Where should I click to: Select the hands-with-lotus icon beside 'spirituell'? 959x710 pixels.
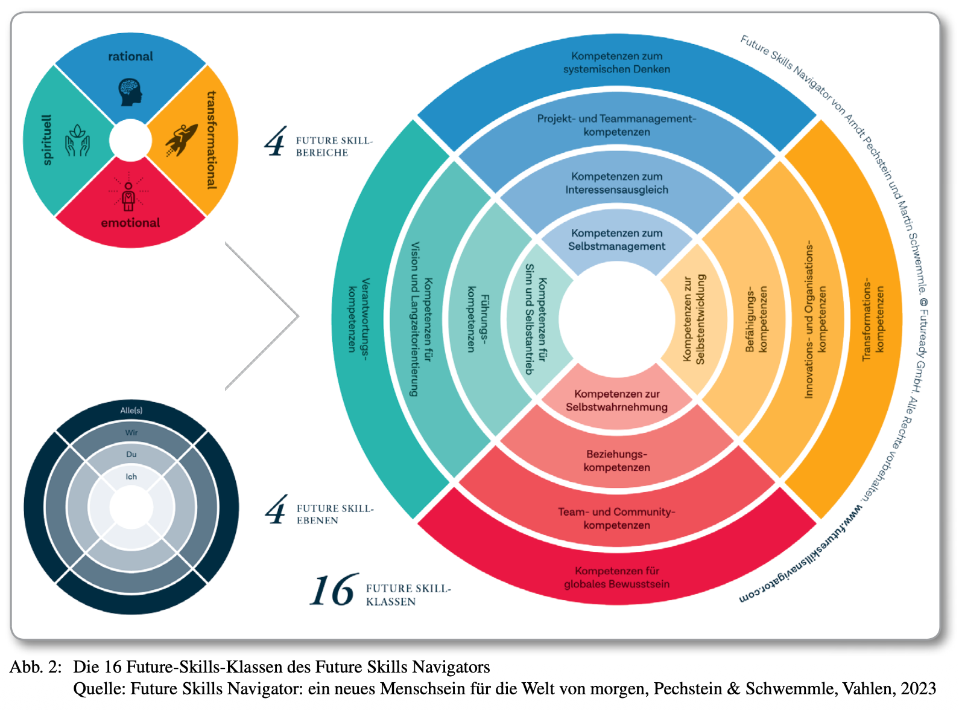78,140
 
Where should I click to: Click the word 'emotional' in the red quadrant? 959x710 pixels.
130,223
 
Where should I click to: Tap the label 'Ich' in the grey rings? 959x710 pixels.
131,476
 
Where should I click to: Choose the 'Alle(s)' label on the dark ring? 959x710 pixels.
131,411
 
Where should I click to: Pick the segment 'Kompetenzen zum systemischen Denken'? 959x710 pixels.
616,63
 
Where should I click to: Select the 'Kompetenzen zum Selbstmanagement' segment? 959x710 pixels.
616,240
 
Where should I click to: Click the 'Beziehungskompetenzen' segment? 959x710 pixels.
616,461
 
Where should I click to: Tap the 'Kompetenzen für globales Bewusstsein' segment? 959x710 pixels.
616,577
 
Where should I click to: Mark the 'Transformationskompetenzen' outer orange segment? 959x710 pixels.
873,319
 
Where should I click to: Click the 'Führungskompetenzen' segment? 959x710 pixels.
478,319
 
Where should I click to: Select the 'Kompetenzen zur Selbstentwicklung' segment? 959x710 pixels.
694,319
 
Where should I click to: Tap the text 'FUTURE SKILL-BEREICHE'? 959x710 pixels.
334,147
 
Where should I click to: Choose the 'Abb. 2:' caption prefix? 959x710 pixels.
36,667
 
